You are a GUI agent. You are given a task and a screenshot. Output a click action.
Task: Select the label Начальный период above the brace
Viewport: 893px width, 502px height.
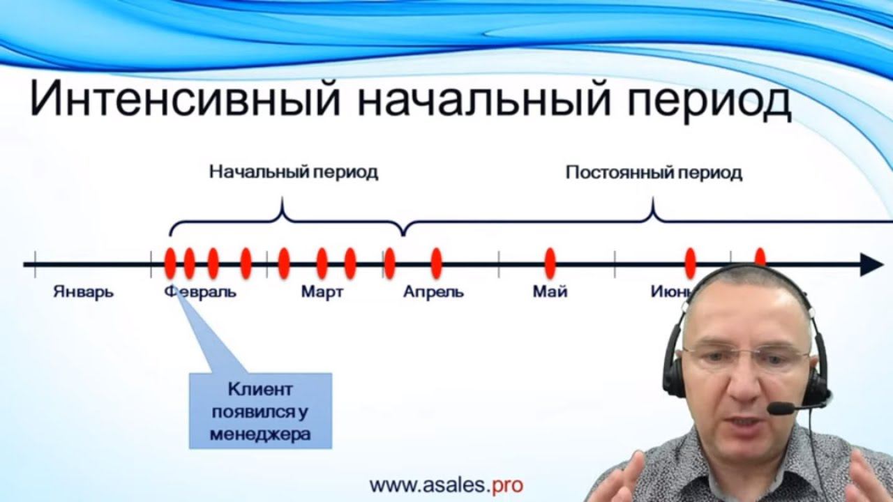(x=294, y=172)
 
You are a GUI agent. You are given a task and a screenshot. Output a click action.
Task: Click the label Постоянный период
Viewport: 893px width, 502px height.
(x=654, y=173)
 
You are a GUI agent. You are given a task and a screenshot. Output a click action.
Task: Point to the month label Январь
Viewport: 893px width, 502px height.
(x=84, y=291)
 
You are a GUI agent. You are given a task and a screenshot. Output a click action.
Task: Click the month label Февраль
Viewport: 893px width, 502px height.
(x=201, y=291)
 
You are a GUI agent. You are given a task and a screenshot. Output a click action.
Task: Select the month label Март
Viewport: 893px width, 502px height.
(x=322, y=291)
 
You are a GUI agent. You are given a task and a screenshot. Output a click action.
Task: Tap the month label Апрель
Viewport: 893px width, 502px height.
(x=433, y=291)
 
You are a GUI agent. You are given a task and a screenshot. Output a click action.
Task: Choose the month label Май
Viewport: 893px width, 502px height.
(x=550, y=291)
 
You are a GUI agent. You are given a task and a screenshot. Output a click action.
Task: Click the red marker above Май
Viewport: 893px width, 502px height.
(x=550, y=263)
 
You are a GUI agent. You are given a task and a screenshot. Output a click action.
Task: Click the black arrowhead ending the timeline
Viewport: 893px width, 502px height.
(x=871, y=264)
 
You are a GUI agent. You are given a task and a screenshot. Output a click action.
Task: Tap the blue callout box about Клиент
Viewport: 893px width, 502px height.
(x=260, y=411)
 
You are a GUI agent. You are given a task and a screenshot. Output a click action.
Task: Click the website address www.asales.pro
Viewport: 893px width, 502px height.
(x=446, y=485)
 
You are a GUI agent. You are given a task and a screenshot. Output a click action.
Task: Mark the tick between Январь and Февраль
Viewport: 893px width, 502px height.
(x=151, y=264)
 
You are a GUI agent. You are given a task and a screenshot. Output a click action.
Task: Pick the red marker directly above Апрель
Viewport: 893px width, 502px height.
(x=436, y=263)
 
